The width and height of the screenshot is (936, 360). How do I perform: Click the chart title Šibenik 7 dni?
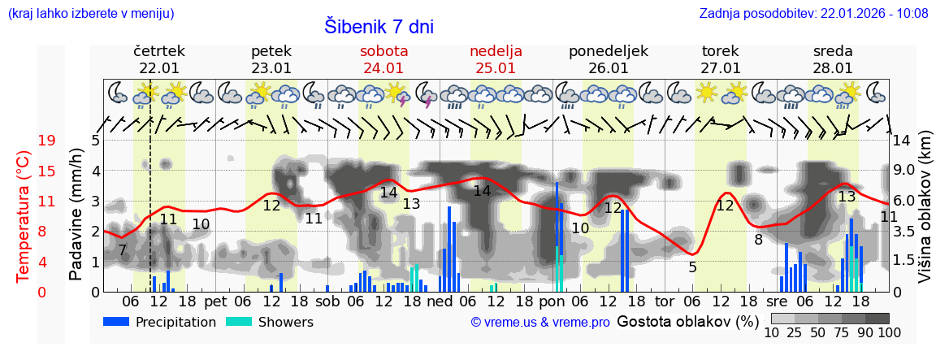tap(379, 26)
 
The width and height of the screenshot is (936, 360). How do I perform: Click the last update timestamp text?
tap(813, 13)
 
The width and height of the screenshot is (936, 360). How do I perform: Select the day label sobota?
tap(383, 51)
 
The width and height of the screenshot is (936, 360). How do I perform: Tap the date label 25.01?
tap(496, 68)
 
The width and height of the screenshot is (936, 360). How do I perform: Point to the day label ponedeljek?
tap(608, 51)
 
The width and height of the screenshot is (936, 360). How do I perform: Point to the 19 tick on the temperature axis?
tap(47, 141)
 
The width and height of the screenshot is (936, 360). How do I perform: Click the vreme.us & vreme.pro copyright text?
tap(540, 323)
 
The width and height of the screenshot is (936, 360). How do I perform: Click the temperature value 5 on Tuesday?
tap(692, 267)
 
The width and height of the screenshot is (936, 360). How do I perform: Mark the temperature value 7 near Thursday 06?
tap(122, 250)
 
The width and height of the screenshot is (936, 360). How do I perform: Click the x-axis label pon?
tap(552, 301)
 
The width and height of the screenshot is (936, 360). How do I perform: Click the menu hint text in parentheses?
tap(90, 13)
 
